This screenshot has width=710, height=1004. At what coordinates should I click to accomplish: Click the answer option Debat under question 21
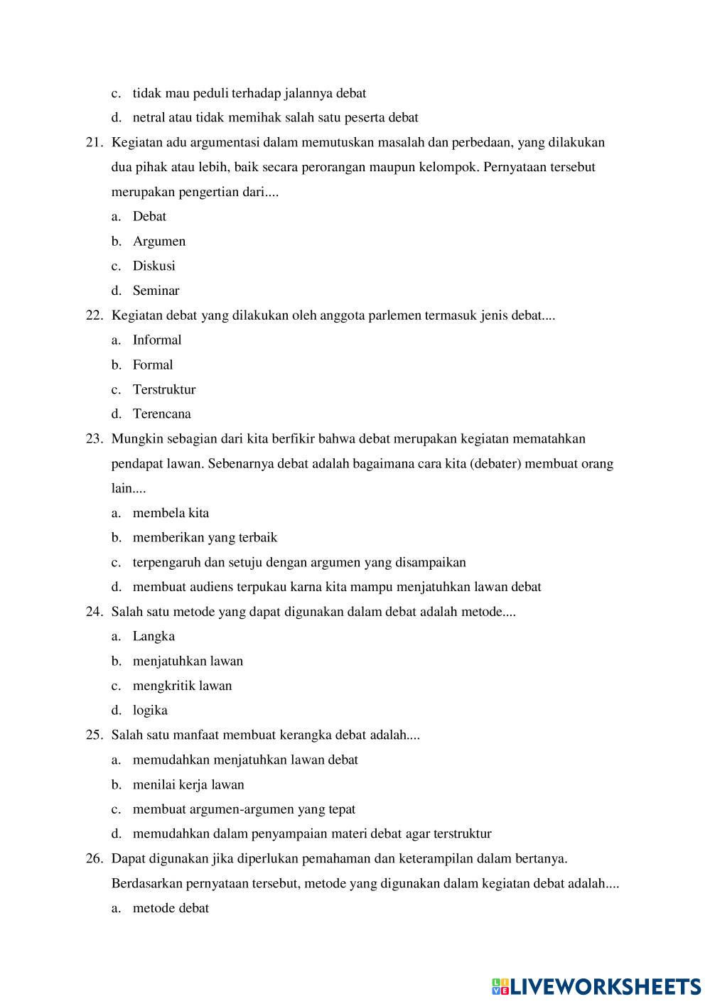pos(149,217)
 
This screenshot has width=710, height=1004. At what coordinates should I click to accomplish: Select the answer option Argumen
pos(158,242)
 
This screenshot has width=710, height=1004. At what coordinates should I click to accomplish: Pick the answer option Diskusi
pos(154,266)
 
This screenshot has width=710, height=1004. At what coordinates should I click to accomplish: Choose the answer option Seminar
pos(156,291)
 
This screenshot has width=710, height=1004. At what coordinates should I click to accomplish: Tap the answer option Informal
pos(156,340)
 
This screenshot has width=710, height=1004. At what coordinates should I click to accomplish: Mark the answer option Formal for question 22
pos(152,365)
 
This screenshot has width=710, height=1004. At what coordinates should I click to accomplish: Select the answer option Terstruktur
pos(163,389)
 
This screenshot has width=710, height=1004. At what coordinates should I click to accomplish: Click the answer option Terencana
pos(161,414)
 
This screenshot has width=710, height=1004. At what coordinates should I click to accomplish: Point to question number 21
pos(95,143)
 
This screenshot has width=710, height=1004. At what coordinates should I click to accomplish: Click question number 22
pos(95,315)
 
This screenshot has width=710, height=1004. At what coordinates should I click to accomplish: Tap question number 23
pos(95,439)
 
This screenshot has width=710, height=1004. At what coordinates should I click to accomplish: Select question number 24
pos(95,612)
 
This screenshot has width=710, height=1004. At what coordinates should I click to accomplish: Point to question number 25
pos(95,735)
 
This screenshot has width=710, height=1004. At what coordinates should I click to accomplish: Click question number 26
pos(95,859)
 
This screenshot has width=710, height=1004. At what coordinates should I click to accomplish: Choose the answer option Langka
pos(154,637)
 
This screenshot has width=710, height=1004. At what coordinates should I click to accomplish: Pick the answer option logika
pos(150,711)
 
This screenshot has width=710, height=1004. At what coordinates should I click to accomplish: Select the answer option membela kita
pos(171,513)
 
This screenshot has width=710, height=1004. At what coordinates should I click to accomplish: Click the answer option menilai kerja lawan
pos(188,785)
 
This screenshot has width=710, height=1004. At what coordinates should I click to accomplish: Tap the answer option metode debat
pos(171,909)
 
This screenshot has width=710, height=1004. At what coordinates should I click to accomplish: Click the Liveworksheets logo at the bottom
pos(596,986)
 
